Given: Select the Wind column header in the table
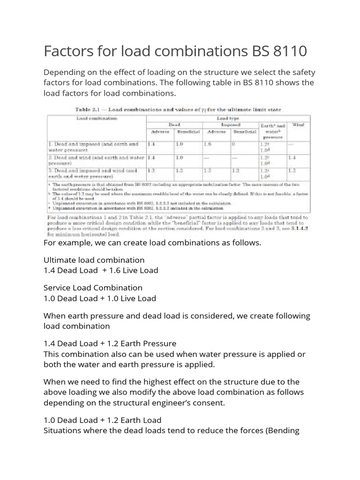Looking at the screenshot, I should (298, 125).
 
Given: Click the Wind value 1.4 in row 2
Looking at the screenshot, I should (292, 158).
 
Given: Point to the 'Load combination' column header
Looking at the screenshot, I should (97, 119).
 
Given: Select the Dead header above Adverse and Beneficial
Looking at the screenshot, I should (174, 125).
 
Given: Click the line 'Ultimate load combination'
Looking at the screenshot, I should (94, 260).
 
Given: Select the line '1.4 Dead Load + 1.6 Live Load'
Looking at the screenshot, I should (101, 270).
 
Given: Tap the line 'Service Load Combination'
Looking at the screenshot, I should (93, 287).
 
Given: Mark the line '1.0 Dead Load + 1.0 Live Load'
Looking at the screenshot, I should (100, 298).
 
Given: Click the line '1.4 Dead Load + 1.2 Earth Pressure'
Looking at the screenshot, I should (110, 344).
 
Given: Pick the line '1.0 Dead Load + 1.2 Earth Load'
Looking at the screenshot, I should (102, 420).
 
